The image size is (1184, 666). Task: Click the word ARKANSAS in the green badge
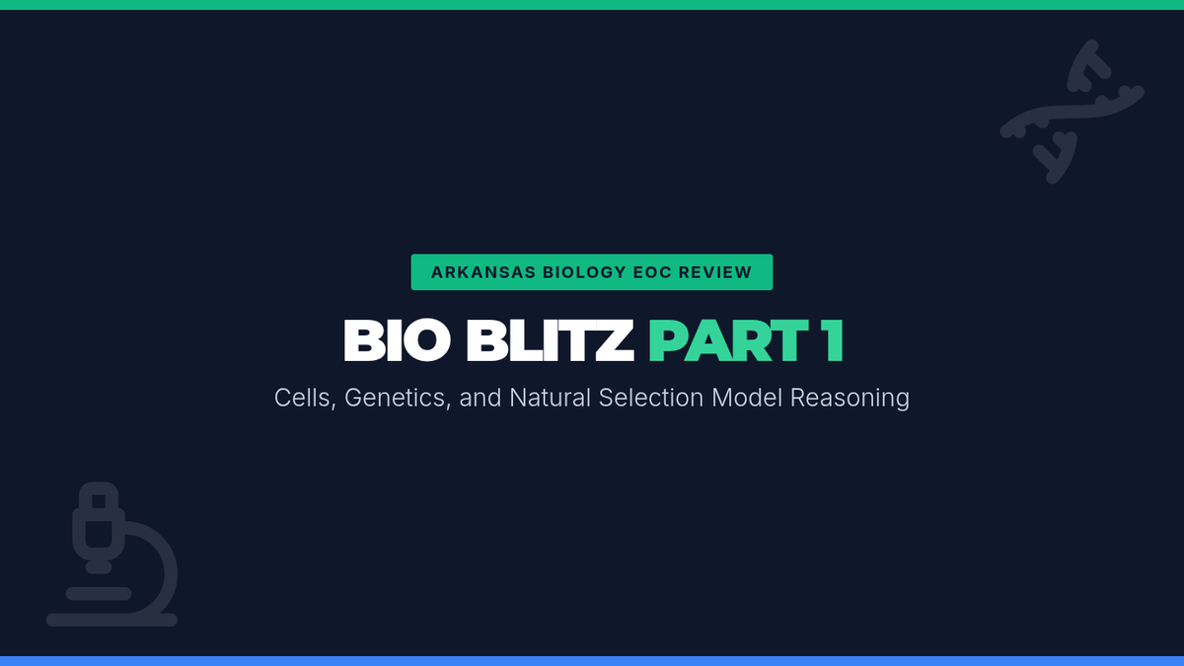[483, 272]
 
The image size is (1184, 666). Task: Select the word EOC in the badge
[652, 272]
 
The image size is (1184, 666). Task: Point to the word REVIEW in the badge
[715, 272]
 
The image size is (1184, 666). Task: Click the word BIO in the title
[397, 340]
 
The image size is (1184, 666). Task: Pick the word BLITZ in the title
[550, 340]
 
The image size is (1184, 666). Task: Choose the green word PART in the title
[728, 340]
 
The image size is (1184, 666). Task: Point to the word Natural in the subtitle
[550, 398]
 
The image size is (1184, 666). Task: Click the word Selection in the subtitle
[651, 398]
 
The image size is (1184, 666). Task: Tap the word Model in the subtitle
[747, 398]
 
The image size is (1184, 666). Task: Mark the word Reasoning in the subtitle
[850, 399]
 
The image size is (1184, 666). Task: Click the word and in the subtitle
[480, 398]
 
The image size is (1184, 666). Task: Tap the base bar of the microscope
[112, 620]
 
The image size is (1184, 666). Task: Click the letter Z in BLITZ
[615, 340]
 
